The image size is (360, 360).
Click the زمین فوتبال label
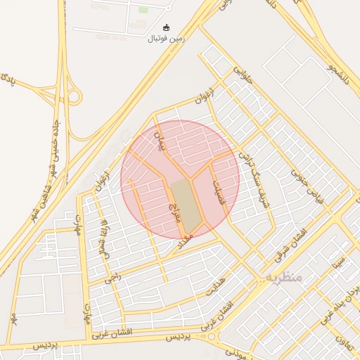166,38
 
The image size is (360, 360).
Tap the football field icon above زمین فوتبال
166,27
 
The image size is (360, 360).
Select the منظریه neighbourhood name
284,278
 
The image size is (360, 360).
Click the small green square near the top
143,10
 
